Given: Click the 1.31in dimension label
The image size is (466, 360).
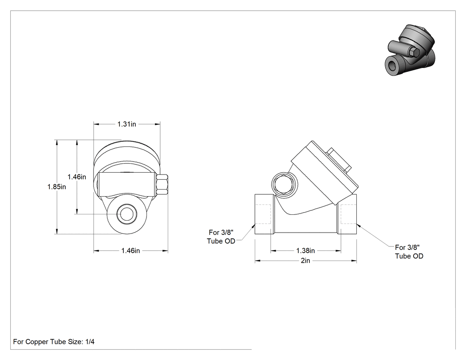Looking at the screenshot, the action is (126, 124).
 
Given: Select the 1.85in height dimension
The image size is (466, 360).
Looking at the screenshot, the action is (57, 187).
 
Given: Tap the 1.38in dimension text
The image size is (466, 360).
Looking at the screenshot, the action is (305, 251).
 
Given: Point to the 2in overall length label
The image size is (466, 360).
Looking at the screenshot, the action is (305, 261).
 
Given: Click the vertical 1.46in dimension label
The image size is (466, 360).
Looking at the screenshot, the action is (77, 177).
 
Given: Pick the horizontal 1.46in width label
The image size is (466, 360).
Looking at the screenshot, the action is (130, 251).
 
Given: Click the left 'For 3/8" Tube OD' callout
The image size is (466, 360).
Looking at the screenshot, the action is (221, 237).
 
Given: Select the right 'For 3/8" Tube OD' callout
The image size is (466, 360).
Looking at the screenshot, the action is (409, 252).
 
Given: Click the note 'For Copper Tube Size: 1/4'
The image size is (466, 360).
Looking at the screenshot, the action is (54, 341).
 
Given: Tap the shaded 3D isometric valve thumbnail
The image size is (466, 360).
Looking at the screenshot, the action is (411, 50).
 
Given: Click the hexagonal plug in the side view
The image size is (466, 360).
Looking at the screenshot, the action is (284, 184).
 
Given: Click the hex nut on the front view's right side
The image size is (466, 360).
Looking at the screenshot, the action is (162, 184).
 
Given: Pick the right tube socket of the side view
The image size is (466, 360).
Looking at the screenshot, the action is (347, 214).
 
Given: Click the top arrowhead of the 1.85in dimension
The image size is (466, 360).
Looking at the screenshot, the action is (56, 142).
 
